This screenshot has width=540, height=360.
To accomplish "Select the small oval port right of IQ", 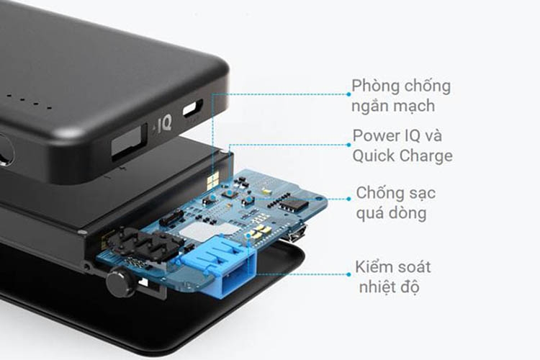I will pos(192,110).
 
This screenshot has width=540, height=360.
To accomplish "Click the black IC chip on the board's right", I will pos(292,204).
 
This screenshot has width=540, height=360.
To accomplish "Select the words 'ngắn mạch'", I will pos(393,106).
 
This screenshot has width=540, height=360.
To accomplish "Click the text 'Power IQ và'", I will pos(394,135).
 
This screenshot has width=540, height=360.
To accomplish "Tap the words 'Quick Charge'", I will pos(402,156).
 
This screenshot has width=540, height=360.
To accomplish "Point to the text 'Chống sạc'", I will pos(396,193).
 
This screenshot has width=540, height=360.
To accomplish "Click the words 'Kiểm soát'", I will pos(393,267).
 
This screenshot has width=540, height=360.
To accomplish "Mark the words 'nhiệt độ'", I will pos(389,287).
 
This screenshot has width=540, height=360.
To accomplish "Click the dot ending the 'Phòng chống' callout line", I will pos(348,94).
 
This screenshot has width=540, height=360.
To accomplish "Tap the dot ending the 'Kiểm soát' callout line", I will pos(348,274).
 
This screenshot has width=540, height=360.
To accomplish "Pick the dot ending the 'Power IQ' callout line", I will pos(348,144).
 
